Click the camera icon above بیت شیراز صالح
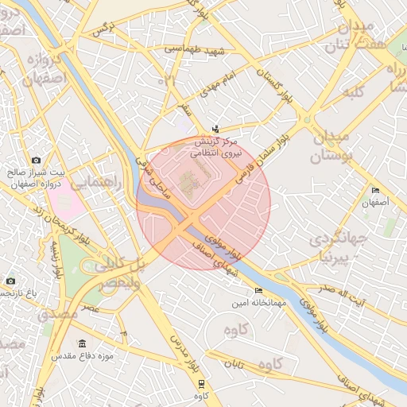[x=36, y=161]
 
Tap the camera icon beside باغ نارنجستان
[x=10, y=281]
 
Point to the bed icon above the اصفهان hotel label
[x=375, y=190]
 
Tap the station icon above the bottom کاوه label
[x=200, y=383]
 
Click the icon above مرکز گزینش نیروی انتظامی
[x=215, y=130]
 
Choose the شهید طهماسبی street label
[x=196, y=49]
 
